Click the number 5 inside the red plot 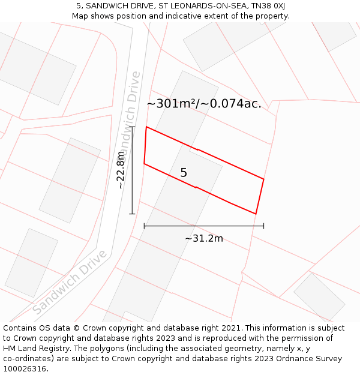184,173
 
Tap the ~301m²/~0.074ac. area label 204,104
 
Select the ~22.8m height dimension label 121,170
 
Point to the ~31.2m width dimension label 204,239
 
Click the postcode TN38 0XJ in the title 264,6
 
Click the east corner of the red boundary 264,179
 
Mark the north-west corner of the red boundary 146,127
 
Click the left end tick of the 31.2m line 144,226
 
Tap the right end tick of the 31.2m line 264,226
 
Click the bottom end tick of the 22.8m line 132,214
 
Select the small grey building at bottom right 319,296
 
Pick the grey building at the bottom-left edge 31,262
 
